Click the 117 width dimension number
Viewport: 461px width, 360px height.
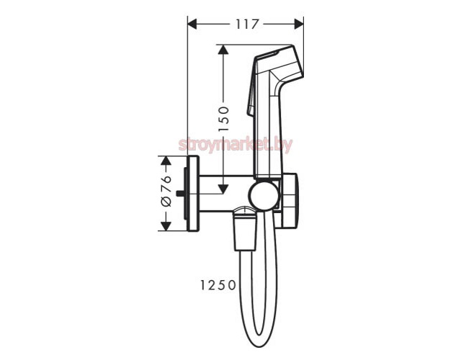tap(247, 24)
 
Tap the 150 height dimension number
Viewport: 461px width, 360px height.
tap(224, 119)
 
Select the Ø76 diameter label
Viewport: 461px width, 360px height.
tap(166, 191)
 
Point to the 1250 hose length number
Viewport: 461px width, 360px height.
tap(218, 285)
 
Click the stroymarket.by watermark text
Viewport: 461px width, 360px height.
tap(236, 145)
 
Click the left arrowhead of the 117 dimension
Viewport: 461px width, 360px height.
tap(192, 24)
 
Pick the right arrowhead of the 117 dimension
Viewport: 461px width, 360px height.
tap(299, 24)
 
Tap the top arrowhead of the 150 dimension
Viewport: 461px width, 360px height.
tap(223, 50)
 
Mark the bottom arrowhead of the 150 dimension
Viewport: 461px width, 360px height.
tap(223, 189)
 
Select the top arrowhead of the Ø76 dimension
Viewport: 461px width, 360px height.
tap(166, 161)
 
